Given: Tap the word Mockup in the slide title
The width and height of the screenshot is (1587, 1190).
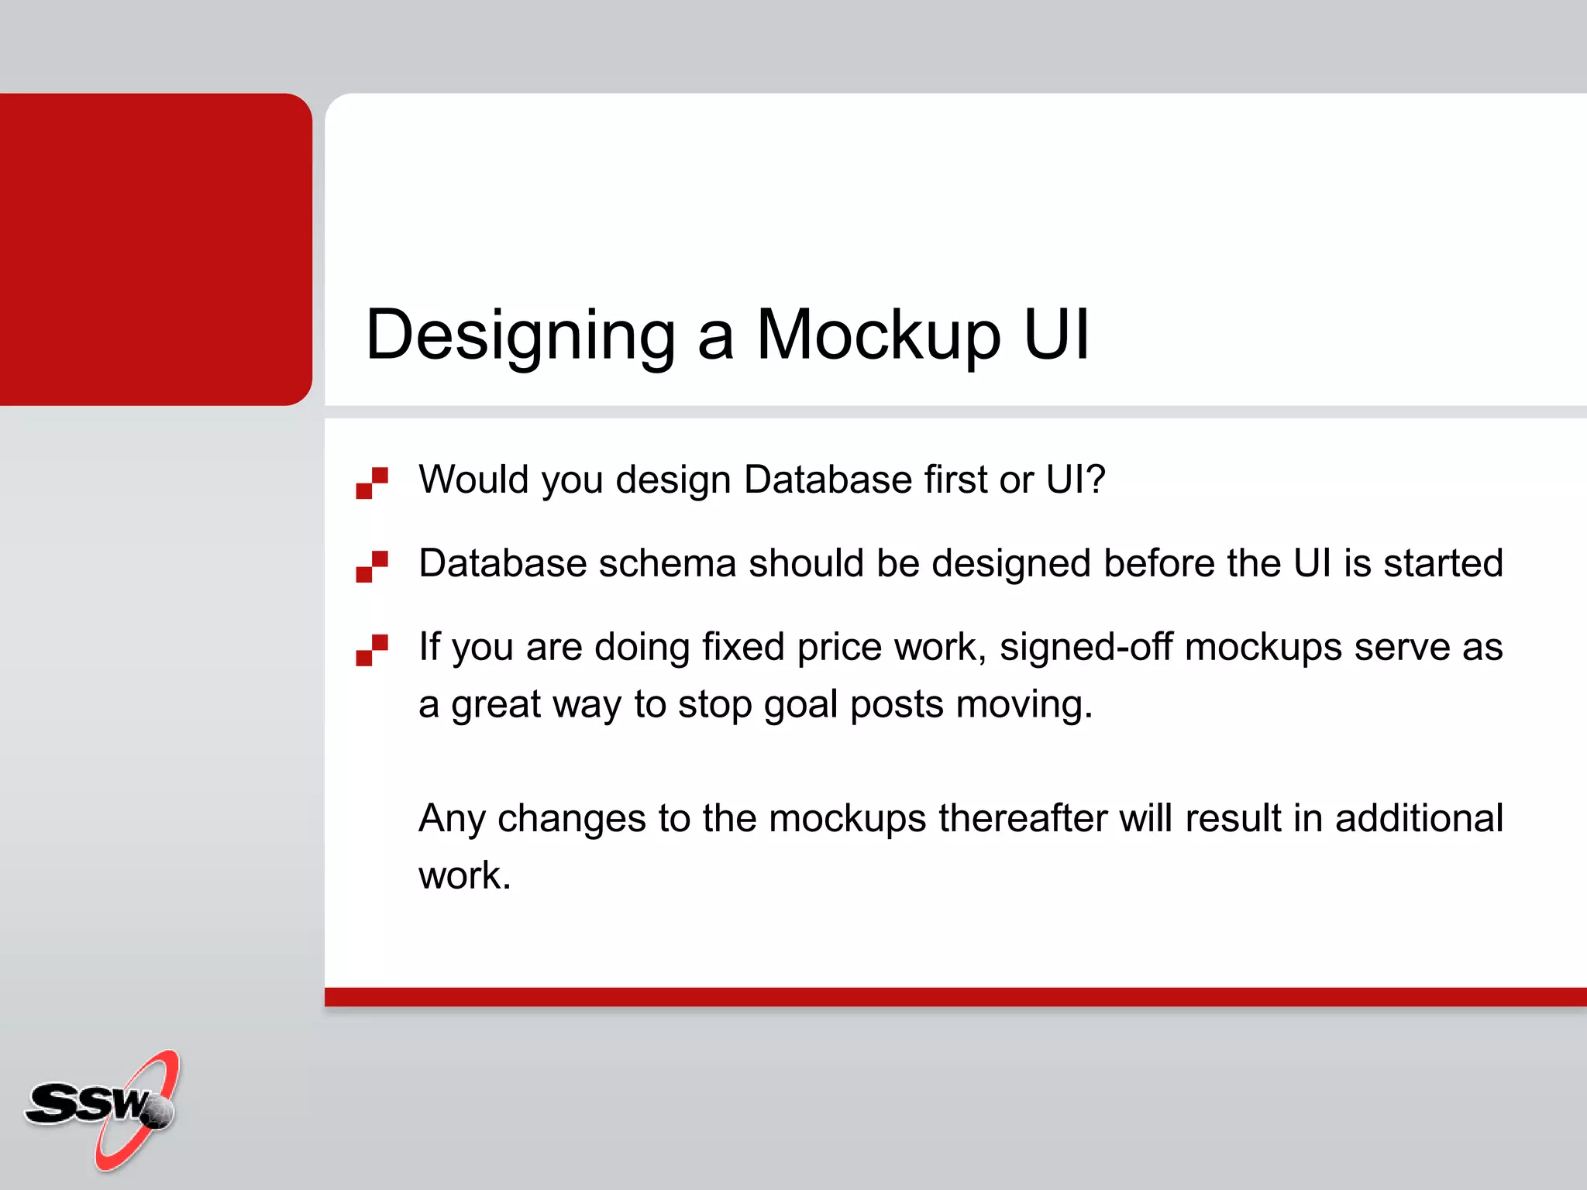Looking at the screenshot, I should (878, 335).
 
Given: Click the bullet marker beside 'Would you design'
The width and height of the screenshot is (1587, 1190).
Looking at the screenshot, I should (372, 483).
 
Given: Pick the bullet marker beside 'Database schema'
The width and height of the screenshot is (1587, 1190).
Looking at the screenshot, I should (372, 566).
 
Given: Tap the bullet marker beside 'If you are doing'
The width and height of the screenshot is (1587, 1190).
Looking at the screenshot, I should (372, 650).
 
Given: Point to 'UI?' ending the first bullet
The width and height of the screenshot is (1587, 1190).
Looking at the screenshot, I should (1075, 480).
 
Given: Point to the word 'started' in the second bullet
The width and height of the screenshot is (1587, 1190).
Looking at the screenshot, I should (1443, 563).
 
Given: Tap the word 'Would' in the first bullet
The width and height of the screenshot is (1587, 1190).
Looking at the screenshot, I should (473, 480).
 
